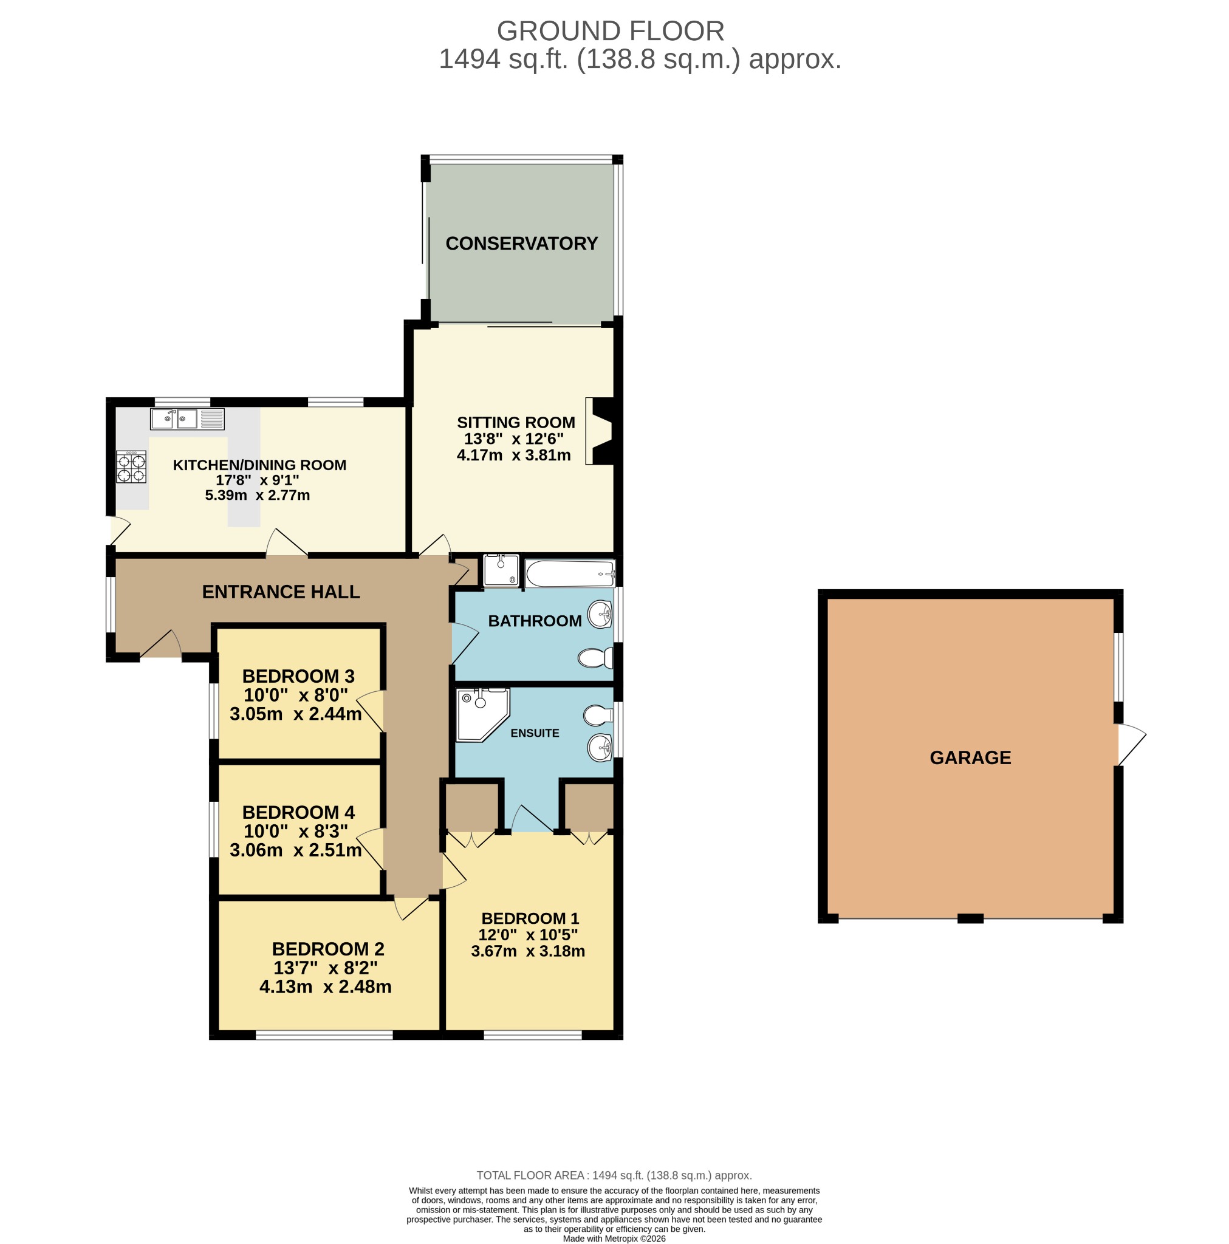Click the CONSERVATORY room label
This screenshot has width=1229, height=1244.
click(x=521, y=244)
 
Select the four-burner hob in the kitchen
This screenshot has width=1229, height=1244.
click(x=131, y=467)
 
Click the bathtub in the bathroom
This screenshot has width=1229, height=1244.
click(x=570, y=573)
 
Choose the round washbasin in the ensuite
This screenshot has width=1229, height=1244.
click(x=600, y=748)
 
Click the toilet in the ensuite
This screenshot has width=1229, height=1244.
click(x=598, y=715)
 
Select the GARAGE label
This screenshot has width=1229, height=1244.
click(x=970, y=757)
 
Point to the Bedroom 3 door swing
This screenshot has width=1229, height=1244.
click(x=371, y=711)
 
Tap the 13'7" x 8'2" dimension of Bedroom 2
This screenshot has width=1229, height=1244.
click(x=325, y=968)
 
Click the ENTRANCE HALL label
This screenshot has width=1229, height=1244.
click(x=281, y=592)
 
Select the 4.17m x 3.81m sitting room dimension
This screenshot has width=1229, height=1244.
click(x=513, y=455)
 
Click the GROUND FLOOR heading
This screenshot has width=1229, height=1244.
click(x=610, y=31)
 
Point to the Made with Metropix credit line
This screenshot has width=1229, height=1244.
click(x=614, y=1238)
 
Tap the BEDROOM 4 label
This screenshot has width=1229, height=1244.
click(x=298, y=812)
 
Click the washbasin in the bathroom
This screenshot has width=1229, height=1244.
click(x=600, y=613)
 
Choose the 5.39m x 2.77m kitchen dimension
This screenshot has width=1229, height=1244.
click(x=257, y=495)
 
